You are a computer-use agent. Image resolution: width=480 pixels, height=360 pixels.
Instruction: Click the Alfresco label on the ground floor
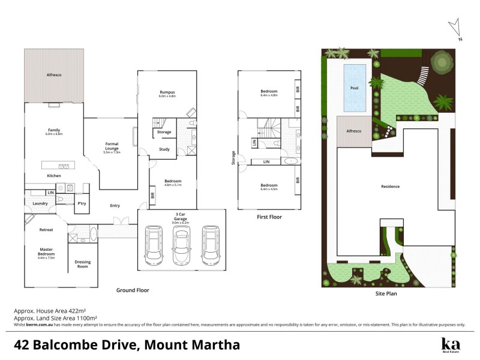click(54, 76)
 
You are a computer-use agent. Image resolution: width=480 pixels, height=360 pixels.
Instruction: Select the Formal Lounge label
click(112, 146)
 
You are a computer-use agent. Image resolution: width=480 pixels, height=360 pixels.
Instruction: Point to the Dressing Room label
click(82, 264)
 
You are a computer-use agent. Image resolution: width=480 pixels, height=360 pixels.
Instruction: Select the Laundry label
click(40, 203)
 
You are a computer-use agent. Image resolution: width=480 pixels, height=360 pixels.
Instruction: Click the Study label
click(164, 149)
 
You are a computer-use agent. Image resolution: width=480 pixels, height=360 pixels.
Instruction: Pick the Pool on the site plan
click(354, 87)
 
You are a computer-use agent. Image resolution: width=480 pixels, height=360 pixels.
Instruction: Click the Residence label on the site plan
click(390, 187)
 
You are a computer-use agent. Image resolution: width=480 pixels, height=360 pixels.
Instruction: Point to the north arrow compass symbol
click(456, 29)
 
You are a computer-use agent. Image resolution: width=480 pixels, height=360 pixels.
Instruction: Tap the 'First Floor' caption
click(268, 217)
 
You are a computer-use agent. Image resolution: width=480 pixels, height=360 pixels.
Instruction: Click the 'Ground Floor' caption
click(133, 290)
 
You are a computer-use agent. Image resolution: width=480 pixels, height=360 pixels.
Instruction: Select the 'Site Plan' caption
click(386, 294)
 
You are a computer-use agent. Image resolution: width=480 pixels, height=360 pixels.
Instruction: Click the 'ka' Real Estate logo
click(450, 345)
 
